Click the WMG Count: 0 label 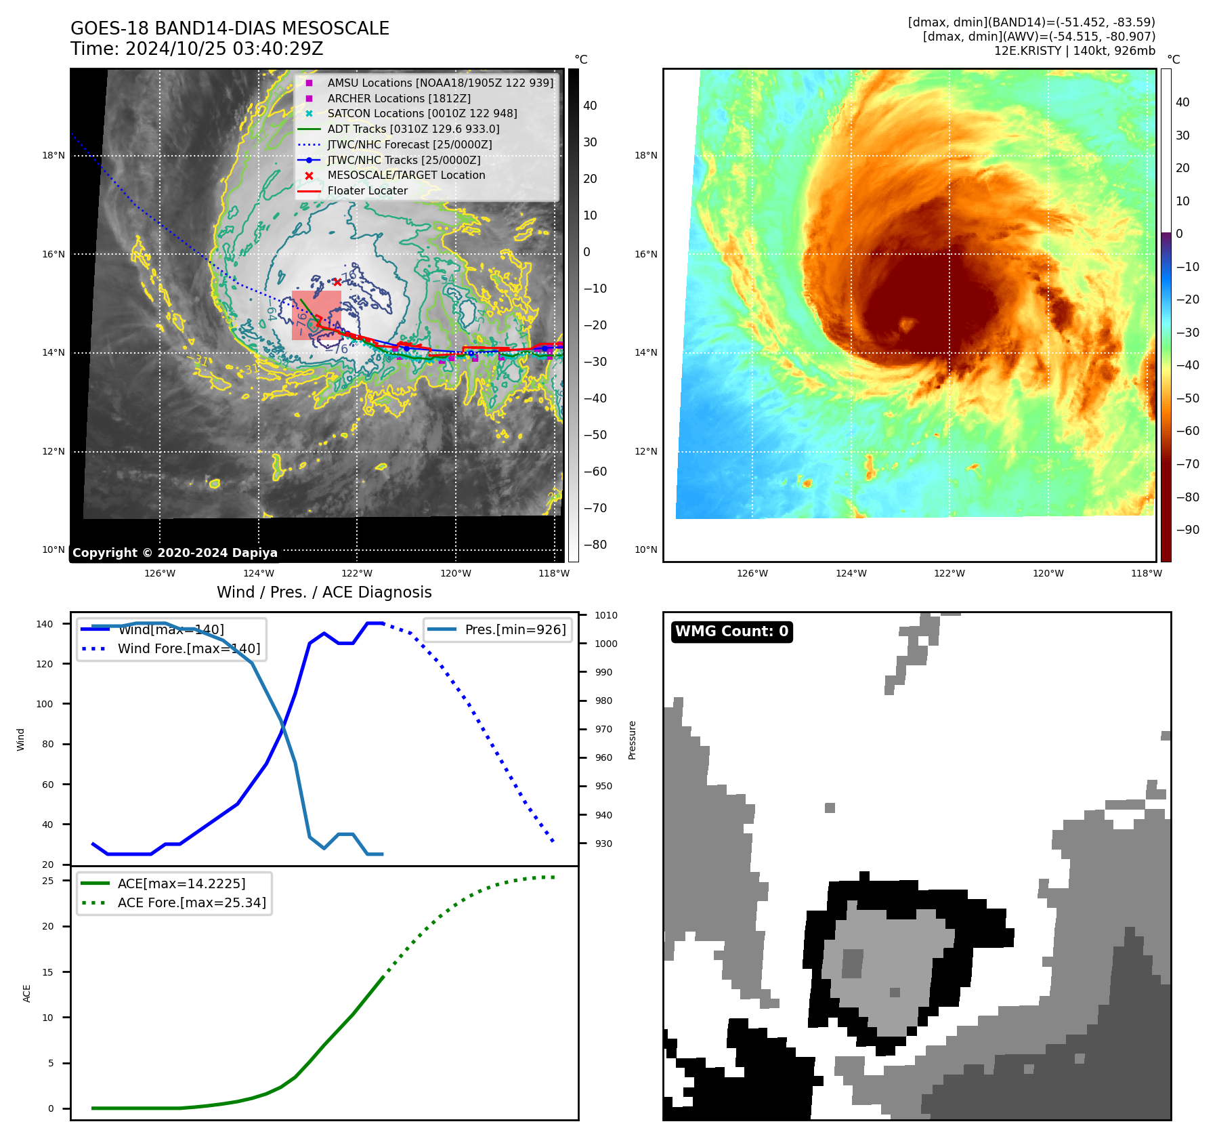(x=731, y=631)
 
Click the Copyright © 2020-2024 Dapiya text (x=175, y=553)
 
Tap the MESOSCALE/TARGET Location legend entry (x=406, y=175)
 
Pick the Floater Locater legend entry (x=367, y=190)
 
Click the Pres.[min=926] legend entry (x=515, y=629)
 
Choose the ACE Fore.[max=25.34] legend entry (x=192, y=902)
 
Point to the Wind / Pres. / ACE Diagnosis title (x=324, y=592)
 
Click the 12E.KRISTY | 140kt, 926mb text (x=1074, y=51)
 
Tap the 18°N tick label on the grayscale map (x=54, y=155)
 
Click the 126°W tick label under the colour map (x=752, y=573)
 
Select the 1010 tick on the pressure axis (x=606, y=615)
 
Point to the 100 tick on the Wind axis (x=44, y=704)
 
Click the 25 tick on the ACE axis (x=47, y=881)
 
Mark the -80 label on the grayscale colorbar (x=595, y=545)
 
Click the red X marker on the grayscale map (x=337, y=282)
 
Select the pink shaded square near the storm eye (x=316, y=316)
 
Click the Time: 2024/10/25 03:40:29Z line (x=196, y=49)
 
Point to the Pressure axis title (x=632, y=740)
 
